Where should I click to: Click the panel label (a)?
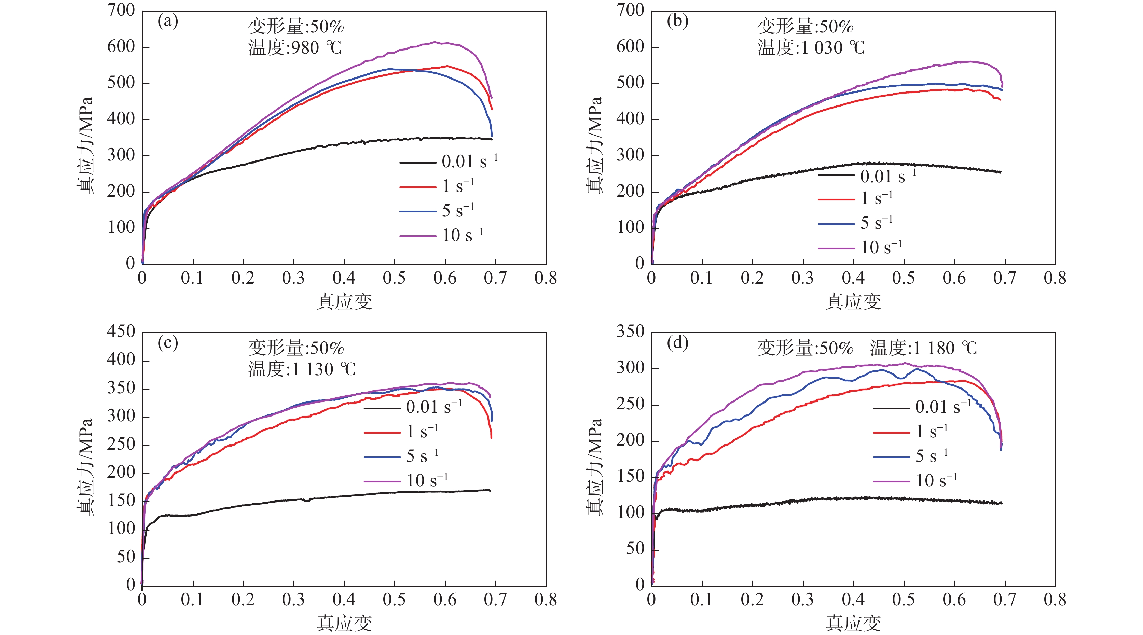click(168, 21)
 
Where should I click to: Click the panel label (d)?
click(677, 343)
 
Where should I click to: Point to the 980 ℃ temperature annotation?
click(295, 47)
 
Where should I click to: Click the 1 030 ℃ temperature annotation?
click(811, 47)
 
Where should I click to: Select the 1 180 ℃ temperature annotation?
click(923, 348)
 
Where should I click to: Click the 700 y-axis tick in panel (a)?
click(121, 10)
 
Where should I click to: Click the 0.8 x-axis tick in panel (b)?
click(1055, 278)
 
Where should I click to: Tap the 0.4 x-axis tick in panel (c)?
click(344, 599)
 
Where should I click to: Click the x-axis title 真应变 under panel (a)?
click(344, 301)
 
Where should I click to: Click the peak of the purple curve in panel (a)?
click(435, 42)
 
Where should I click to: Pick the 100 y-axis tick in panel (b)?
click(630, 227)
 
